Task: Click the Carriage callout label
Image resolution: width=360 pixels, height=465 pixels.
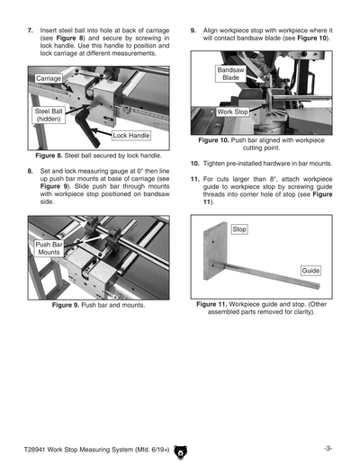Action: pyautogui.click(x=49, y=79)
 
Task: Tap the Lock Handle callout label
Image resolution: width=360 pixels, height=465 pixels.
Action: pyautogui.click(x=130, y=136)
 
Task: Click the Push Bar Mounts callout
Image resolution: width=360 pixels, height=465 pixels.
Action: pyautogui.click(x=49, y=249)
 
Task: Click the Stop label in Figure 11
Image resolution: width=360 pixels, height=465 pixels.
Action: pyautogui.click(x=239, y=230)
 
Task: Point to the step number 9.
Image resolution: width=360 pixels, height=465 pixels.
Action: pyautogui.click(x=193, y=31)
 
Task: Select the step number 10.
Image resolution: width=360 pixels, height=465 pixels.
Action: pyautogui.click(x=195, y=164)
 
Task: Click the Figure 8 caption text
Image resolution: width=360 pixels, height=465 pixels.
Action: pyautogui.click(x=98, y=156)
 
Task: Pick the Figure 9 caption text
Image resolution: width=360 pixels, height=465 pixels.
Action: pyautogui.click(x=98, y=306)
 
